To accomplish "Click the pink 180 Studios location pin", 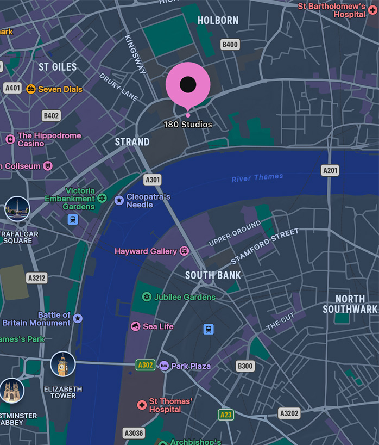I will click(x=188, y=85).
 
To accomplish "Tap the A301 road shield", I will click(x=153, y=180).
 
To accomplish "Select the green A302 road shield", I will click(x=146, y=365).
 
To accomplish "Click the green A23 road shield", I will click(x=226, y=415).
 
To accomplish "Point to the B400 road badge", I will click(x=230, y=45).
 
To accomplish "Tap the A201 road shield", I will click(x=330, y=170).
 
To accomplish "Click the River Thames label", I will click(x=257, y=178).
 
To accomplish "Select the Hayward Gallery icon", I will click(x=185, y=251).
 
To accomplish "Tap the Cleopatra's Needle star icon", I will click(x=119, y=200).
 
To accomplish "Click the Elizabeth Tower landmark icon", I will click(x=63, y=364).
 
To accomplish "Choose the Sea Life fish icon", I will click(x=136, y=326).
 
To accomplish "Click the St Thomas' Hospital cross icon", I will click(x=142, y=405).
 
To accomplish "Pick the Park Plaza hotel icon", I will click(x=164, y=366).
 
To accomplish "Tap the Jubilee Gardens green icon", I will click(x=146, y=297).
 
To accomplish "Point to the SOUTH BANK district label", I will click(x=213, y=275).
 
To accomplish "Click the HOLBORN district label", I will click(x=218, y=21).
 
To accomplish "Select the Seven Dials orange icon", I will click(x=31, y=89).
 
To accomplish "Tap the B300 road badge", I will click(x=245, y=366).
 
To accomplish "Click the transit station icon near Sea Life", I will click(x=209, y=329).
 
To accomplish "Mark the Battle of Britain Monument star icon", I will click(x=78, y=318).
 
